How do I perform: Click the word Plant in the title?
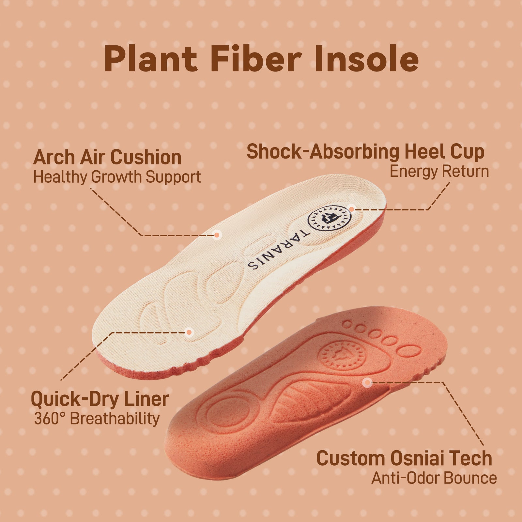(151, 59)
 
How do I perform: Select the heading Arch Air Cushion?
(107, 158)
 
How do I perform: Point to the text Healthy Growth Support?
(117, 177)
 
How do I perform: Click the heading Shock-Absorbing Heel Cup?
(365, 152)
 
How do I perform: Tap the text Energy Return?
(439, 172)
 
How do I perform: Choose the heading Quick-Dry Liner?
(100, 399)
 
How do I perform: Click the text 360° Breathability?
(97, 419)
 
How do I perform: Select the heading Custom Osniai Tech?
(404, 458)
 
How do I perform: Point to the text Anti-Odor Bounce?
(434, 478)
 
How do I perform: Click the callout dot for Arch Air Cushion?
(216, 235)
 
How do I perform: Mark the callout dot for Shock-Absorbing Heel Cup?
(351, 209)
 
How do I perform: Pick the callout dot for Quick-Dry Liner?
(189, 332)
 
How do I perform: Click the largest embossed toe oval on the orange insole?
(410, 352)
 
